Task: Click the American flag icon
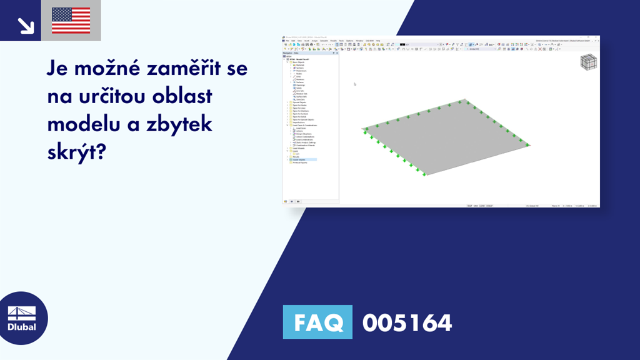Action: (71, 21)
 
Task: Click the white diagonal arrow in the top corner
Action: (26, 24)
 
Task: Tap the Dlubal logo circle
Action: (22, 317)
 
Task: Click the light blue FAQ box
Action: (317, 322)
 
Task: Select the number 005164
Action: (407, 323)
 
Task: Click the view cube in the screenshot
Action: (588, 64)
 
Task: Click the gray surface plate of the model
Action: (445, 139)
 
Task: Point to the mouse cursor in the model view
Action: (354, 84)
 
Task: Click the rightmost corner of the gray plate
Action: (528, 145)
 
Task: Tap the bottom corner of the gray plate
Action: (424, 174)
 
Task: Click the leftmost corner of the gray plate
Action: (363, 129)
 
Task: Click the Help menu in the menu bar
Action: (377, 41)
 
